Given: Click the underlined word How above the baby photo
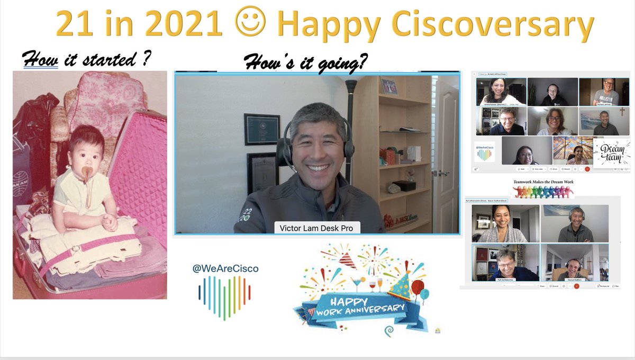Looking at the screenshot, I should [x=40, y=60].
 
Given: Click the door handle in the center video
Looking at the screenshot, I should [x=443, y=173].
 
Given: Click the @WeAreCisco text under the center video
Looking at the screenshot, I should [x=225, y=269].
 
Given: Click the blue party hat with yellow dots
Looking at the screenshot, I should [x=400, y=286].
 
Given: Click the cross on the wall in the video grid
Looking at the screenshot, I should [x=622, y=112].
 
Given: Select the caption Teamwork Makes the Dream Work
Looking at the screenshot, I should [x=543, y=182].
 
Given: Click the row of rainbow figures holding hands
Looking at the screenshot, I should [x=543, y=192].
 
